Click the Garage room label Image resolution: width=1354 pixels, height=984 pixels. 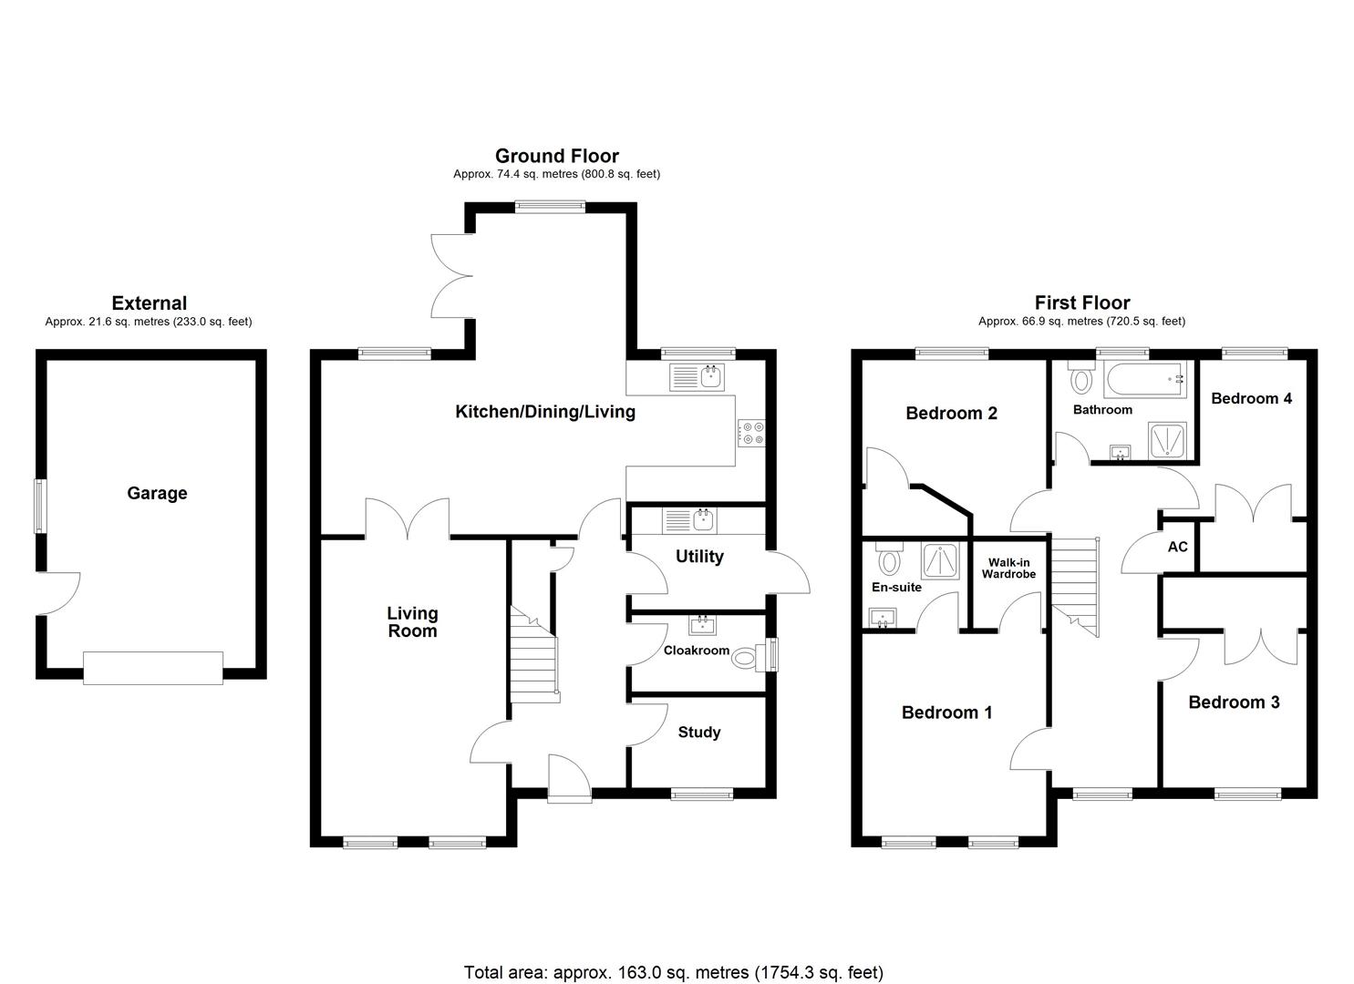tap(157, 493)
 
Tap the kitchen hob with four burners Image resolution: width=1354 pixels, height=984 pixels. tap(751, 433)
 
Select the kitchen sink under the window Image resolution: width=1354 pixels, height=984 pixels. tap(697, 376)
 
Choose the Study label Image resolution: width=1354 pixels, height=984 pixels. tap(699, 732)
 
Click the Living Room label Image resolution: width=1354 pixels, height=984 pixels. tap(412, 622)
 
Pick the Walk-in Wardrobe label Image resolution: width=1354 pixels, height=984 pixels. tap(1008, 569)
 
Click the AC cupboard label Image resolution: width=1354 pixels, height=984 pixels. tap(1178, 547)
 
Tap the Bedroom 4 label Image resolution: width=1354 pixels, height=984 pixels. tap(1251, 398)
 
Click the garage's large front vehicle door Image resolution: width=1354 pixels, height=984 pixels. tap(153, 668)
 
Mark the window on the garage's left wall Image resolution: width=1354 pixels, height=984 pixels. tap(39, 506)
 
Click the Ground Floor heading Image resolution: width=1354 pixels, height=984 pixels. tap(556, 156)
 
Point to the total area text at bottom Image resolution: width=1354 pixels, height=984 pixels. tap(673, 972)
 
